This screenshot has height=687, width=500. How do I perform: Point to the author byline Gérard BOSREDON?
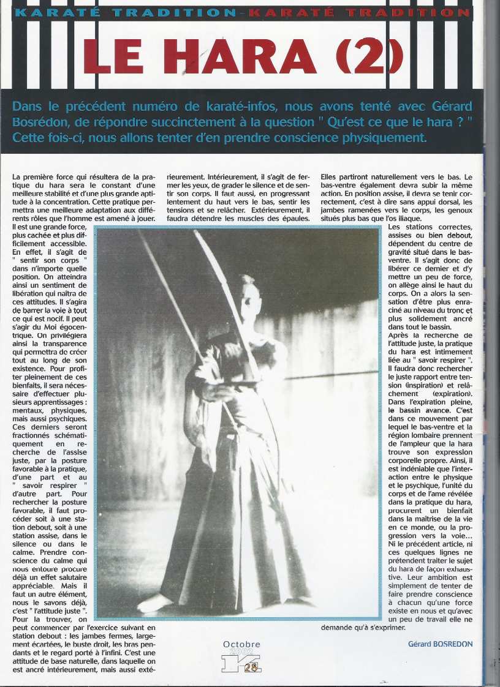click(440, 644)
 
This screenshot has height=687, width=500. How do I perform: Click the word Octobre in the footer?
click(241, 644)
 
